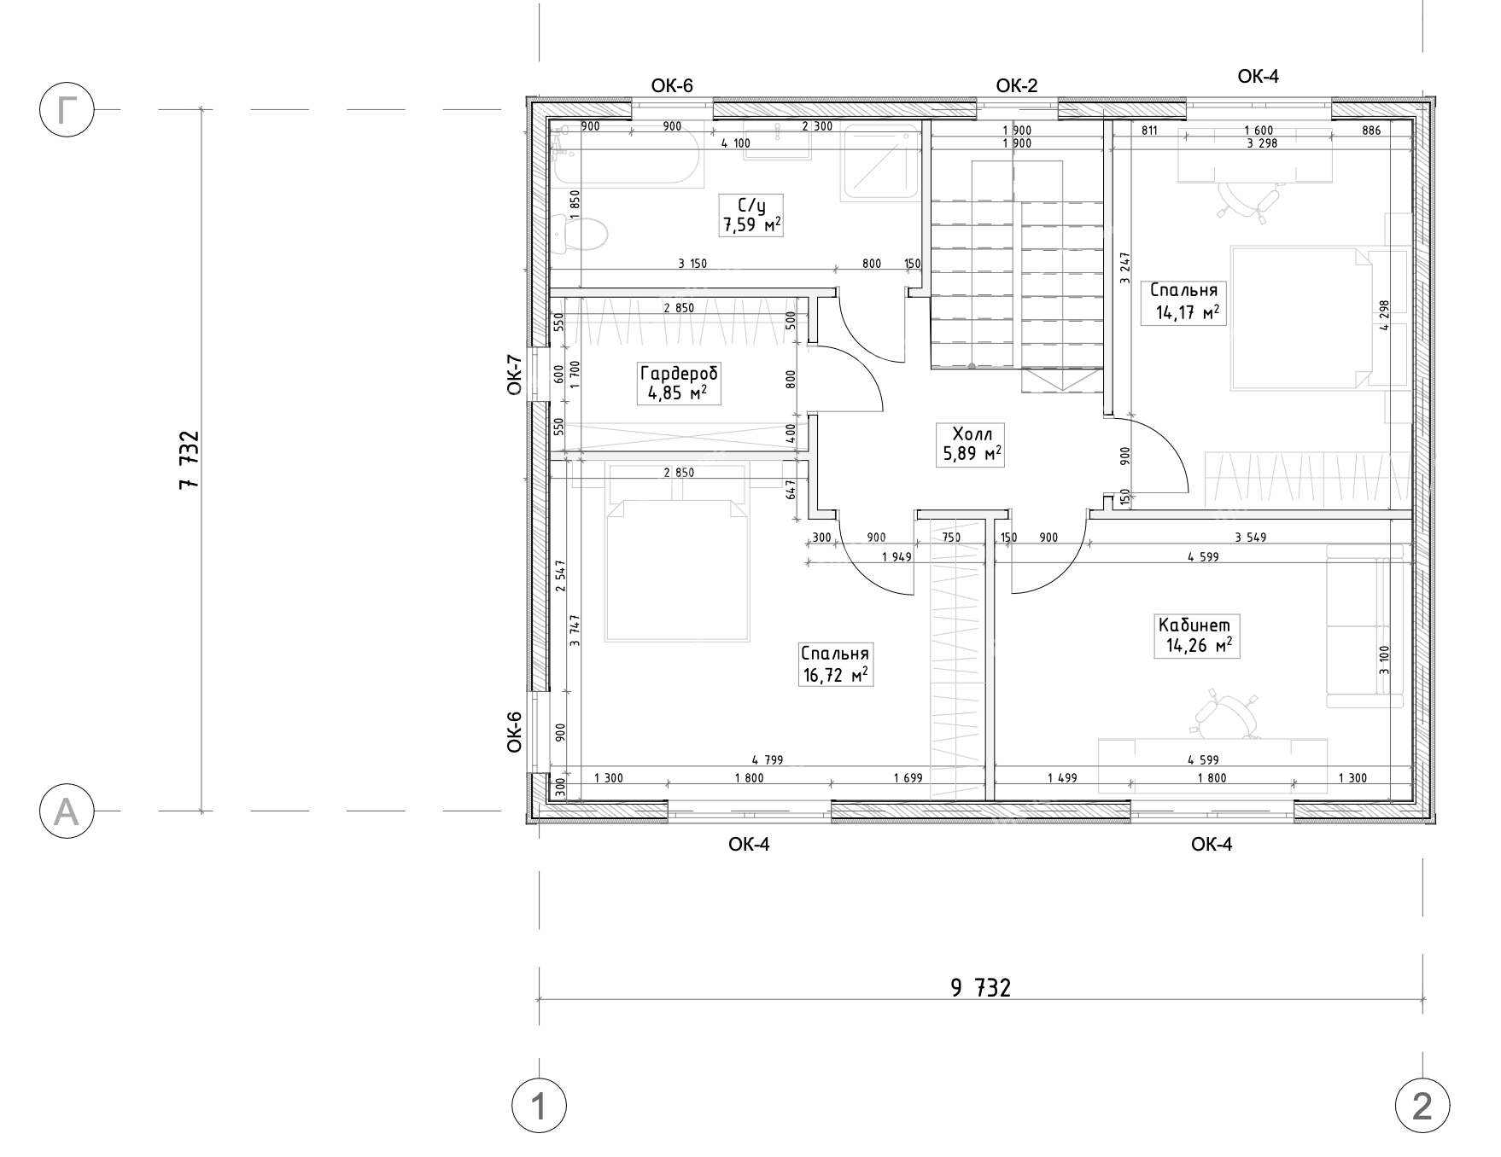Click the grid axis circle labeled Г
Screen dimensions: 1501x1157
pos(66,110)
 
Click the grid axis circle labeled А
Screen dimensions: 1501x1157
pos(66,811)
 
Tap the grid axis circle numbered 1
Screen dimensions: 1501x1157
pos(539,1107)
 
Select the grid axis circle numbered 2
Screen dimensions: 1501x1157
pos(1422,1107)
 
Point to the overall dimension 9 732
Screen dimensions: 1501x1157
pos(980,988)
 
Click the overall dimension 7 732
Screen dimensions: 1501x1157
pos(189,459)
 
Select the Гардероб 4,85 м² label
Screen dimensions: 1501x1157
pos(679,383)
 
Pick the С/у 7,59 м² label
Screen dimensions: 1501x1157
pos(751,215)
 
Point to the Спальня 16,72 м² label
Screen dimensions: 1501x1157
pos(835,665)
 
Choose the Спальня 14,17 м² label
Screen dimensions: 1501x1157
pos(1183,301)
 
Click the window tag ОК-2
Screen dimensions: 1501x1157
pos(1016,85)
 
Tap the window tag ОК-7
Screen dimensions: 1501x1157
pos(514,375)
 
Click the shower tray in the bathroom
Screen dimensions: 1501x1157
pos(880,163)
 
